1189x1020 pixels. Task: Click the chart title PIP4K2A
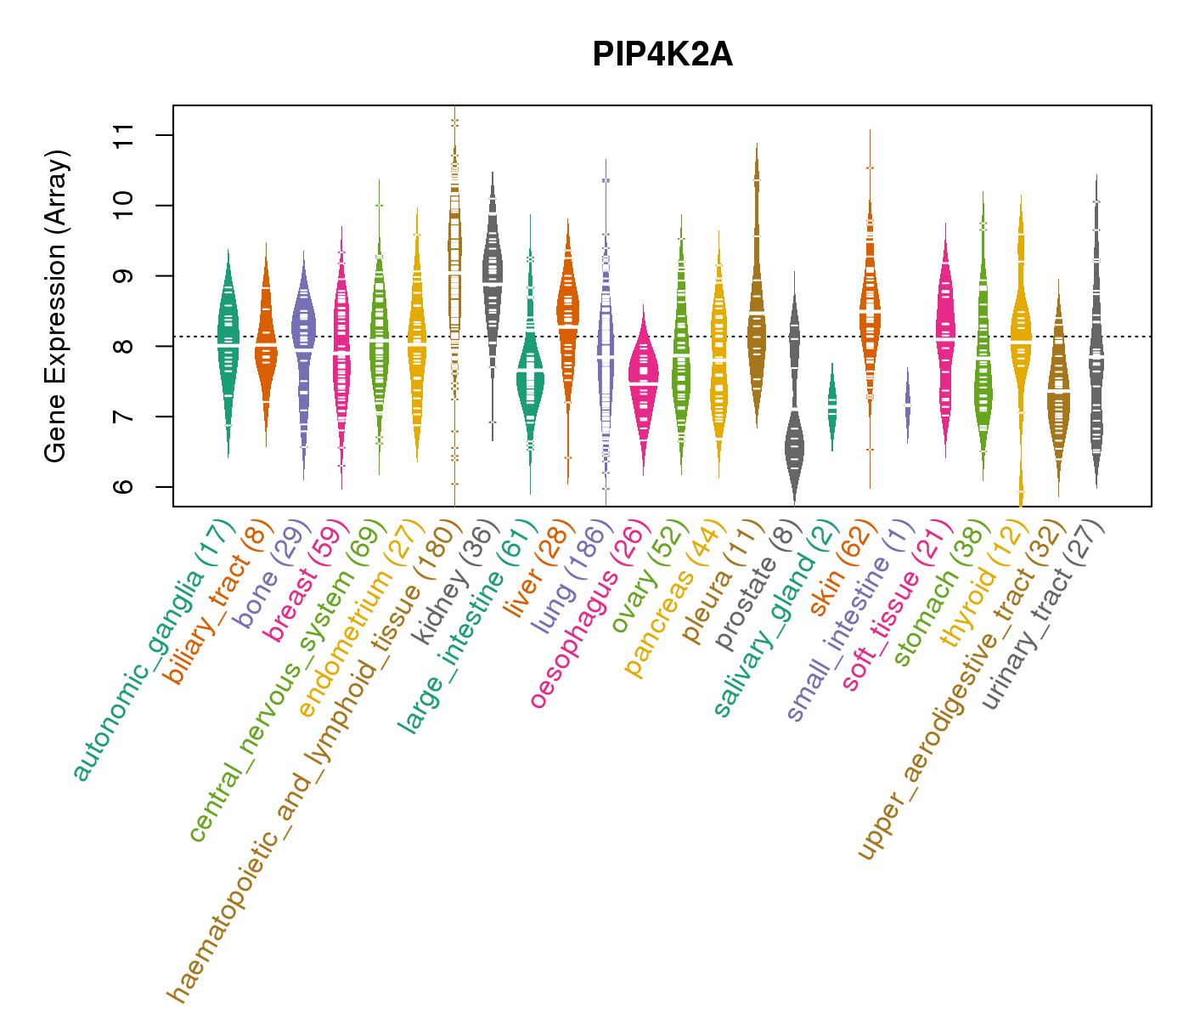point(662,55)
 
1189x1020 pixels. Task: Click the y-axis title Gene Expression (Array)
point(56,306)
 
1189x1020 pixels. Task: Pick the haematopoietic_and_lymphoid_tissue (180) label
point(310,756)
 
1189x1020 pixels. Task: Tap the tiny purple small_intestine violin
point(908,406)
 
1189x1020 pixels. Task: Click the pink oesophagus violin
point(643,382)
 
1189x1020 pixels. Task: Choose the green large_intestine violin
point(530,374)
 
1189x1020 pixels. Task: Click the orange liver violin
point(567,314)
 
